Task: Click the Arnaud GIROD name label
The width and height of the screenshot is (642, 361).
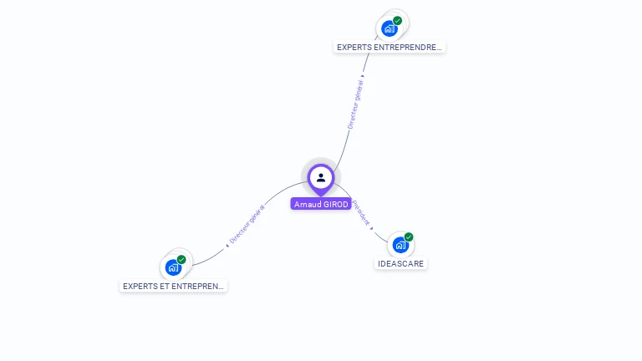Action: coord(321,204)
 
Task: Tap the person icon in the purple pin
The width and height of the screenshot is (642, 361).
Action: coord(321,177)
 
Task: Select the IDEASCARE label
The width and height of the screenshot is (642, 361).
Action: coord(400,264)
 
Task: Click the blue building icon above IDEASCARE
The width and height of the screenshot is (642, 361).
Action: coord(400,246)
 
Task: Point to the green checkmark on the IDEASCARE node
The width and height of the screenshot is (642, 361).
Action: coord(409,237)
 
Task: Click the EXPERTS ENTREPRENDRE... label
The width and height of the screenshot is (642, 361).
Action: coord(389,48)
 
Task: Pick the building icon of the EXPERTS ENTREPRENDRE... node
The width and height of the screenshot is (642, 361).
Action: coord(389,28)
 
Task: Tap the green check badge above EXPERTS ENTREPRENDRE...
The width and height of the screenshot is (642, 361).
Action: coord(398,20)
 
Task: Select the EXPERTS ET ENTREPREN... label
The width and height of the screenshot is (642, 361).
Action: coord(173,286)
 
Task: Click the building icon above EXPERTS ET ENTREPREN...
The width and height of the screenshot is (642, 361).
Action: coord(172,267)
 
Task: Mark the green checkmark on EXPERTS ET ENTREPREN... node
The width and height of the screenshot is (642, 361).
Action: coord(181,259)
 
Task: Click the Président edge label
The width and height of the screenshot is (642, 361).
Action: coord(362,212)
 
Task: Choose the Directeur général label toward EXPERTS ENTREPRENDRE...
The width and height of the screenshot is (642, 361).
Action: coord(355,104)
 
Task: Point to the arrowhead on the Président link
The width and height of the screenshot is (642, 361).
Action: coord(372,227)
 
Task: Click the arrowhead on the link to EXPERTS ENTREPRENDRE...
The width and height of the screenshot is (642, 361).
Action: coord(363,77)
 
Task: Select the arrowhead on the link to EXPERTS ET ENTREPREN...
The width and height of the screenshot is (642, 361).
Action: coord(227,245)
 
